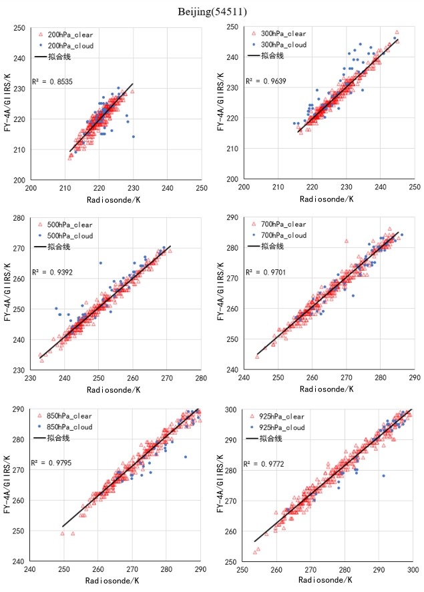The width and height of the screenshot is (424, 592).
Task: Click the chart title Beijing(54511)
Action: coord(212,11)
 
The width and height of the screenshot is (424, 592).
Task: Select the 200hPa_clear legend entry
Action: coord(70,34)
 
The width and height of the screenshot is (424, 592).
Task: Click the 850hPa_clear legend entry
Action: coord(70,415)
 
